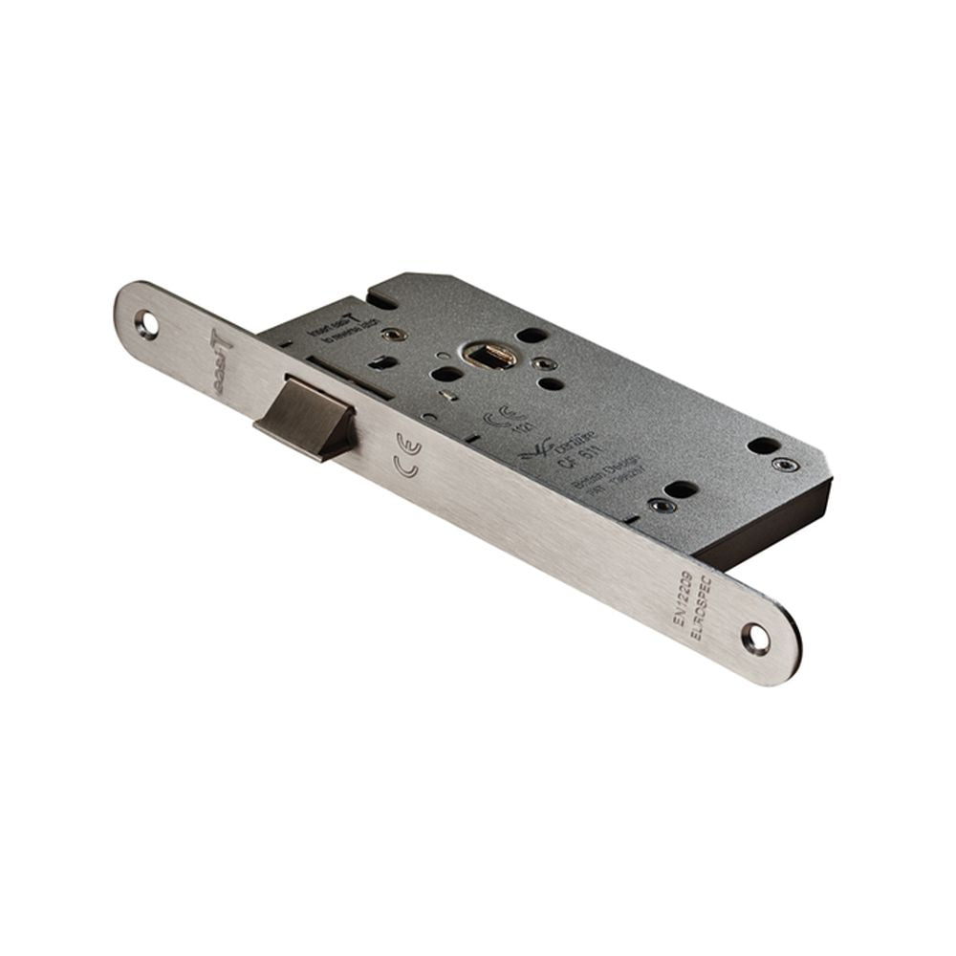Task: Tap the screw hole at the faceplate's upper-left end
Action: [148, 322]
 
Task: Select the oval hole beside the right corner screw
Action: [762, 446]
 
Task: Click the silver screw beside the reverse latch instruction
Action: [390, 334]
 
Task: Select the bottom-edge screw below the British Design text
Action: [658, 505]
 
